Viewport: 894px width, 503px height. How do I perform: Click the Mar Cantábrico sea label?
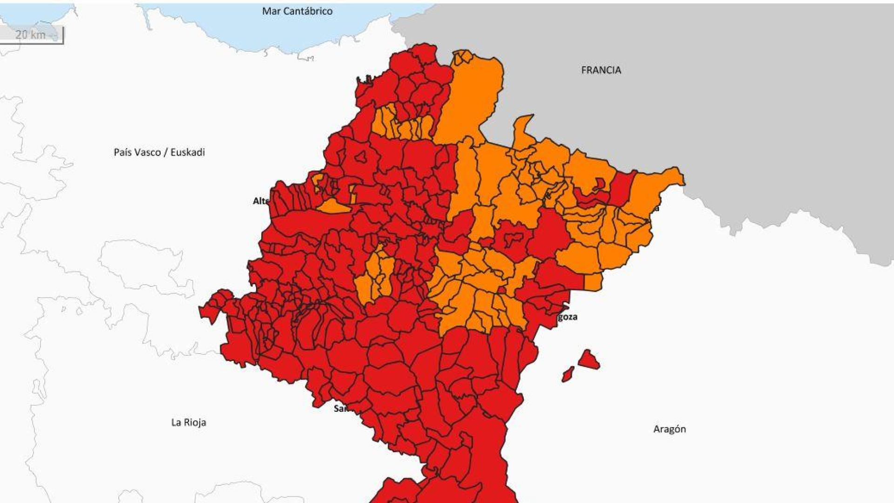tap(297, 11)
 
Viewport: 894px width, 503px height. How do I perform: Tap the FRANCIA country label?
tap(601, 70)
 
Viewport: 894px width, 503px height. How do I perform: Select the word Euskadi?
tap(188, 152)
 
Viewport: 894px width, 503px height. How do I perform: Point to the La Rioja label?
tap(189, 422)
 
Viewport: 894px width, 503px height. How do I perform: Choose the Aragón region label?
tap(669, 429)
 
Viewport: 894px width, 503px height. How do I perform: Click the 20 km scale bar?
tap(31, 35)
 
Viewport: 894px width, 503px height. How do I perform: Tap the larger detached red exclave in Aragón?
tap(589, 360)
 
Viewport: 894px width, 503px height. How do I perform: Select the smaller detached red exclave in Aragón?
tap(568, 374)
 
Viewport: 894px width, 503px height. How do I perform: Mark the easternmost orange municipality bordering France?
tap(657, 186)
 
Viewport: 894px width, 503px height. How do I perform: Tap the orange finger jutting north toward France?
tap(523, 130)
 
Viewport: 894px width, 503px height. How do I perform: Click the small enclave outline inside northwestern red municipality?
tap(361, 157)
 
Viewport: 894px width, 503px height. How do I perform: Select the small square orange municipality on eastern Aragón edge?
tap(593, 282)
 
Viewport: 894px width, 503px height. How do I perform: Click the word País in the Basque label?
tap(122, 152)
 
